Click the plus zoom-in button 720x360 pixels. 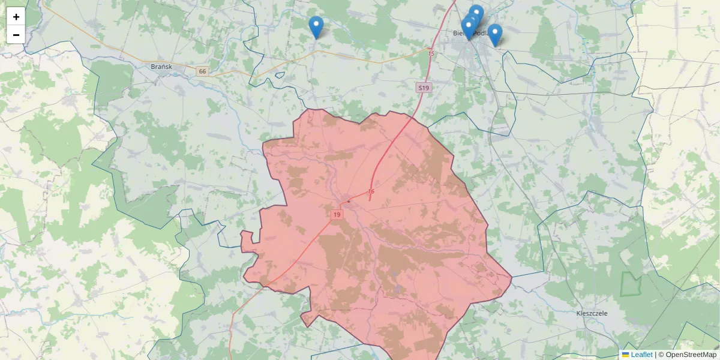(x=16, y=17)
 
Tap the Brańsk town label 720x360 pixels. (x=162, y=67)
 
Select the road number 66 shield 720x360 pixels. (x=202, y=71)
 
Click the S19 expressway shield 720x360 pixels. (x=424, y=88)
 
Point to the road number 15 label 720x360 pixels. (x=431, y=54)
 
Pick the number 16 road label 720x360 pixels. (x=371, y=192)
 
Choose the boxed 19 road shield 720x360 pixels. (x=337, y=214)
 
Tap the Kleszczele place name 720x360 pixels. (x=592, y=313)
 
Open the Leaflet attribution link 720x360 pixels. (x=641, y=355)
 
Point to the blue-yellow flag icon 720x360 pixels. (x=625, y=355)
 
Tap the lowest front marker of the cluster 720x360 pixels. (x=469, y=28)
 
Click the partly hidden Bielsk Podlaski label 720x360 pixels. (x=462, y=34)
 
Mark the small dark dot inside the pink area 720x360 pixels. (x=349, y=201)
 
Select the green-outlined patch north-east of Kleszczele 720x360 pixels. (x=631, y=283)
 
